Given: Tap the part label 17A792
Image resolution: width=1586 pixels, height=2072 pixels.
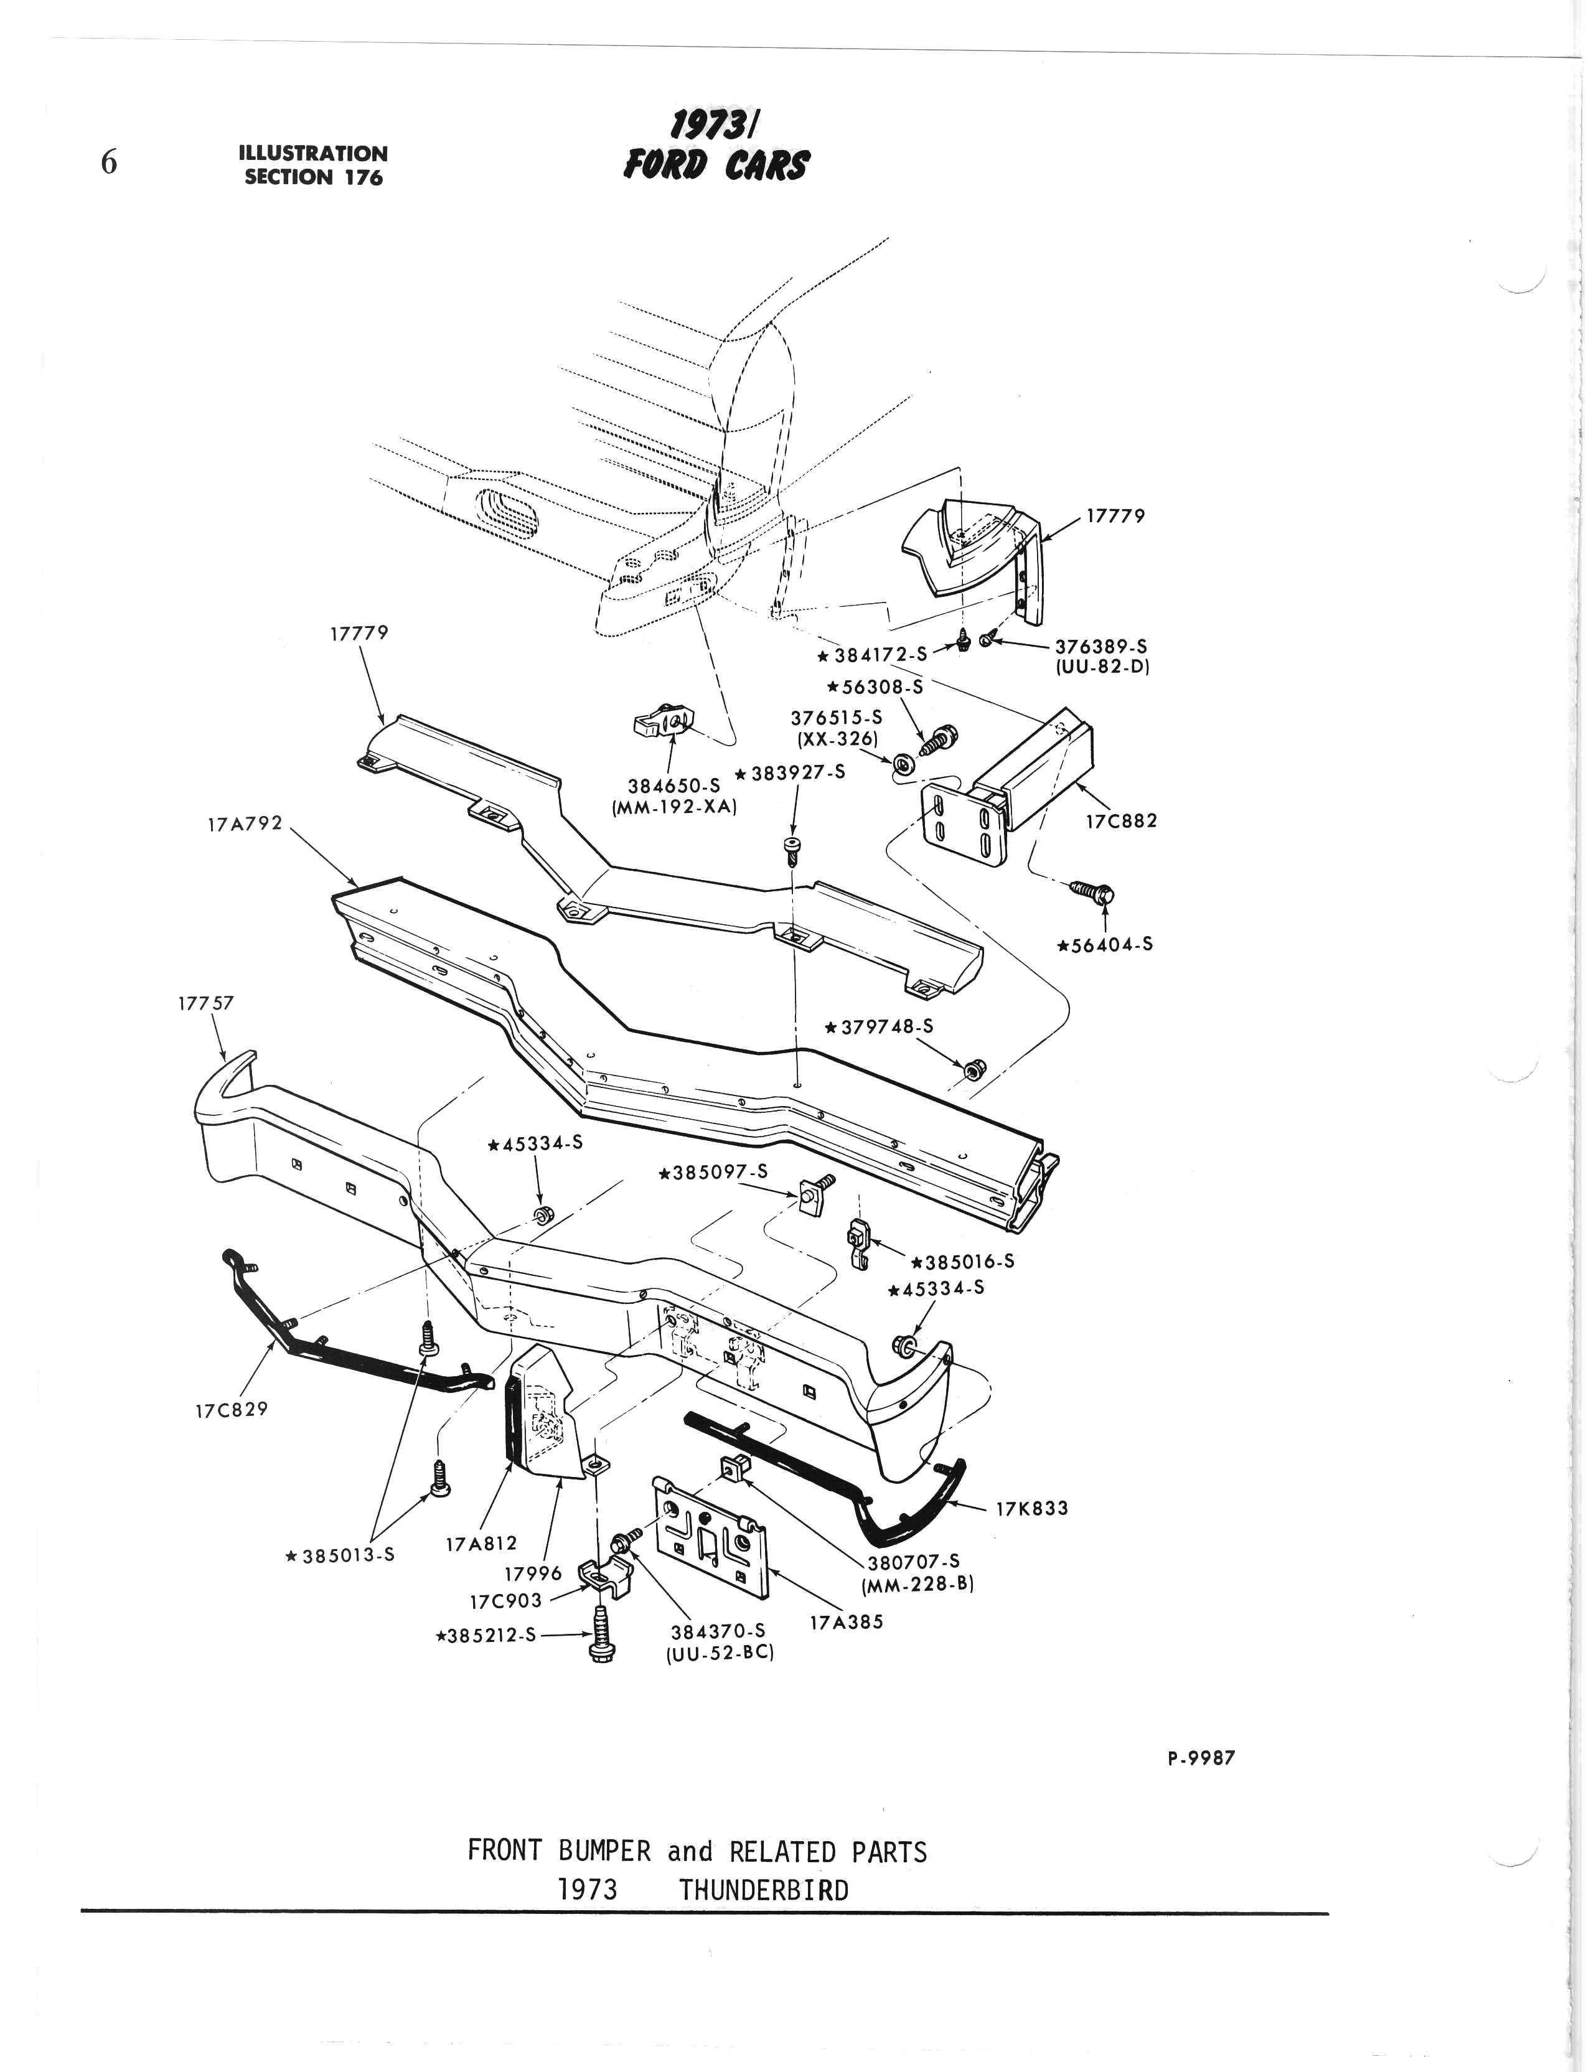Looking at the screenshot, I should [x=245, y=824].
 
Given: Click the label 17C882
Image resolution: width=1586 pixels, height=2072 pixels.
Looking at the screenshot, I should [x=1120, y=820].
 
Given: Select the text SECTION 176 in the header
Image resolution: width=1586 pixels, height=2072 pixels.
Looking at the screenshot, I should [x=314, y=177].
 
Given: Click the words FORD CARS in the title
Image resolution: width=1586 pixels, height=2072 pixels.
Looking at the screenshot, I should [x=715, y=166].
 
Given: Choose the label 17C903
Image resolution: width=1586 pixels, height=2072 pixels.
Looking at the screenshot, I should [x=505, y=1602].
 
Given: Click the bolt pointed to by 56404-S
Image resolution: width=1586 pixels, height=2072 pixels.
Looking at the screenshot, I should [x=1095, y=890].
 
